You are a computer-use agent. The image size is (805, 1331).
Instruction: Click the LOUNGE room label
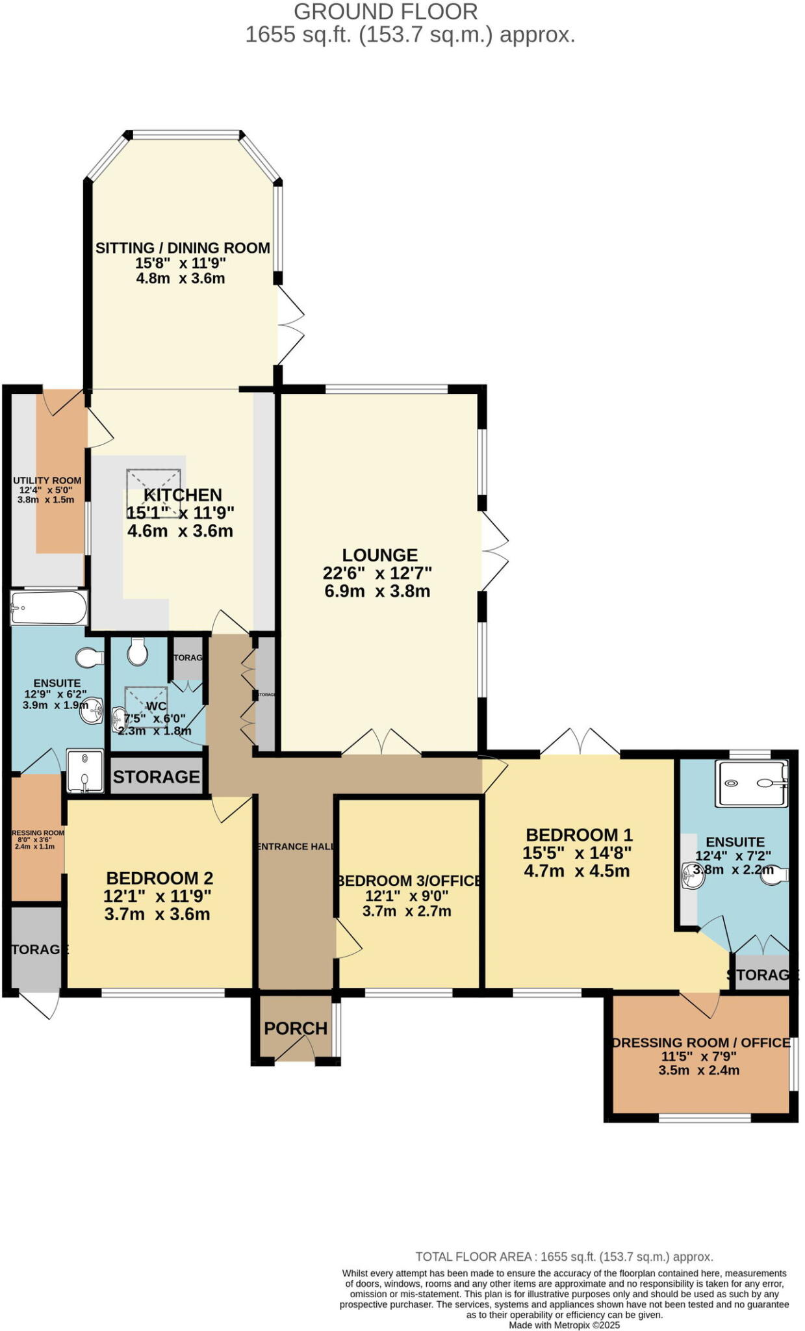(x=379, y=555)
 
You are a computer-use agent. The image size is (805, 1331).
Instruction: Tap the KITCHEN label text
(x=183, y=495)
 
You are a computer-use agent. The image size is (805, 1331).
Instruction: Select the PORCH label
(x=295, y=1028)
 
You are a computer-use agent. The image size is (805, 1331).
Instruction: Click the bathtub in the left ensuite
(x=49, y=608)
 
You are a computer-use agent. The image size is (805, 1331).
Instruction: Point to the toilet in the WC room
(x=137, y=651)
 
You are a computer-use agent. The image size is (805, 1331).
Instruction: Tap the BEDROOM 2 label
(x=159, y=878)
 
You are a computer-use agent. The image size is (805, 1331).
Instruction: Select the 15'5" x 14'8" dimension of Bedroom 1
(x=577, y=853)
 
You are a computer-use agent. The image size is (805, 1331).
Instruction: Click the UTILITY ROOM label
(x=47, y=481)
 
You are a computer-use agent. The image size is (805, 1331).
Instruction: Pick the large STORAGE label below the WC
(x=156, y=777)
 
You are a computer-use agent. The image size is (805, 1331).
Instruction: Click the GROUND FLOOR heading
(x=385, y=11)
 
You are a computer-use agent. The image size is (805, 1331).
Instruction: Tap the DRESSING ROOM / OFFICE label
(x=700, y=1042)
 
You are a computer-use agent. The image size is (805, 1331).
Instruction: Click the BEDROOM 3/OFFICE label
(x=409, y=881)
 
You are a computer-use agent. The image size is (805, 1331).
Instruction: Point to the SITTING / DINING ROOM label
(x=183, y=248)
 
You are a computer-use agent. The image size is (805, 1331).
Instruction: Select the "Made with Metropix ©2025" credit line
(x=564, y=1325)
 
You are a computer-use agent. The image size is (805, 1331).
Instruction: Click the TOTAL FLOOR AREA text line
(x=564, y=1256)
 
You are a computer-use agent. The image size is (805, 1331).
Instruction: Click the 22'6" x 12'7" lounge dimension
(x=377, y=573)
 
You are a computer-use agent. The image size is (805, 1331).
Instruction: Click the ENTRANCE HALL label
(x=296, y=846)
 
